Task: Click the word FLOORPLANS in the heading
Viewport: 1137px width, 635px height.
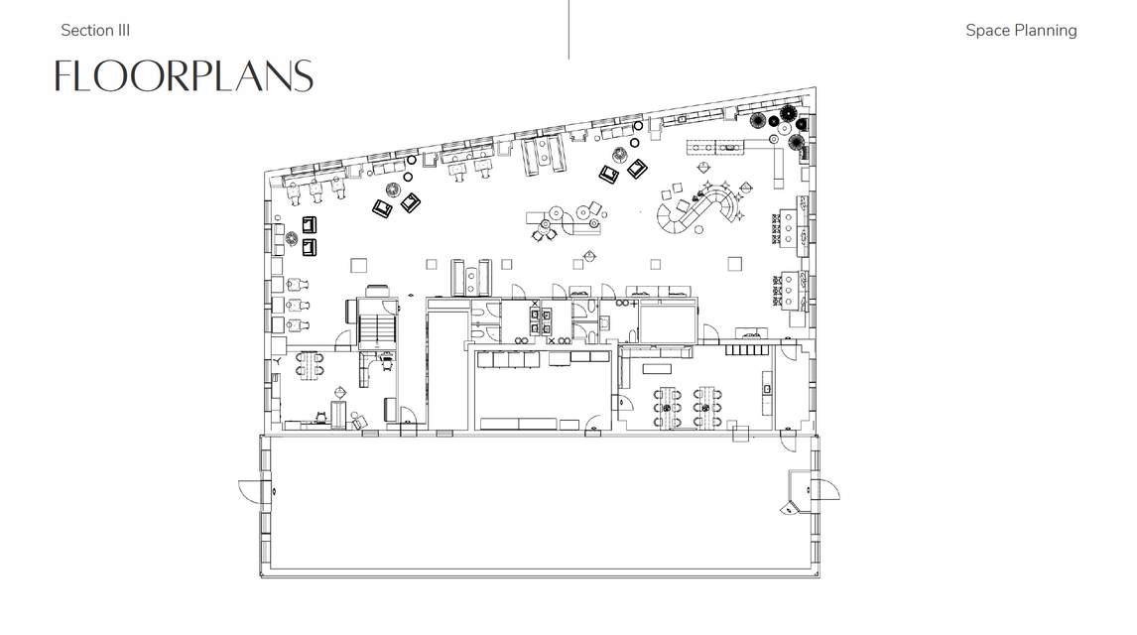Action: [184, 76]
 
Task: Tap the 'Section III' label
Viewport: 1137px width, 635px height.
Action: [95, 31]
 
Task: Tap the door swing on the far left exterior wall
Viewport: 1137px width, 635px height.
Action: [249, 491]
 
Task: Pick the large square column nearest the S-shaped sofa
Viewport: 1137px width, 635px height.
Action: [734, 264]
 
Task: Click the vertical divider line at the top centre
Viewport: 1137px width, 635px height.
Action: [568, 30]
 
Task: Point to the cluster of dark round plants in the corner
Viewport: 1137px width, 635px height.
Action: [780, 126]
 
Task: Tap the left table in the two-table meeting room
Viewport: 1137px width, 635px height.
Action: [668, 408]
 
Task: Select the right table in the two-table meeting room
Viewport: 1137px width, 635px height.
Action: [707, 408]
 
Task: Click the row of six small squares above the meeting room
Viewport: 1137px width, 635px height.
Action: [746, 349]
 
